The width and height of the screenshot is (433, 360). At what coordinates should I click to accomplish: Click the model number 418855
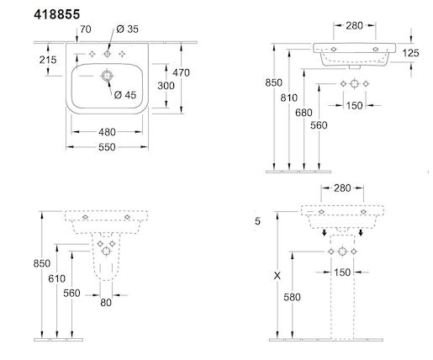click(57, 14)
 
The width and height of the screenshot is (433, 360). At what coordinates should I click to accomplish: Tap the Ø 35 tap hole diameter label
click(127, 29)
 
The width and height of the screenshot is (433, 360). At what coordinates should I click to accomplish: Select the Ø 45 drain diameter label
click(125, 95)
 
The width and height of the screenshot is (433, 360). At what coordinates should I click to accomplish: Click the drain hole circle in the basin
click(107, 76)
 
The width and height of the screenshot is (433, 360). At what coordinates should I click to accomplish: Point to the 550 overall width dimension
click(107, 147)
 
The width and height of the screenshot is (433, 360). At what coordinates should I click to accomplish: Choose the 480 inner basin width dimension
click(107, 132)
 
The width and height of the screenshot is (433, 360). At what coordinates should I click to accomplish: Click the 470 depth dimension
click(181, 73)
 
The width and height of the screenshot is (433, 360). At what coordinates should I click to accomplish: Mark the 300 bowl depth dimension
click(166, 86)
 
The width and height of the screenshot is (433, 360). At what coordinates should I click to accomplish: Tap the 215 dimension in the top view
click(48, 60)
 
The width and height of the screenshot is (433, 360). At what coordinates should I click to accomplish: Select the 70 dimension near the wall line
click(86, 29)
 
